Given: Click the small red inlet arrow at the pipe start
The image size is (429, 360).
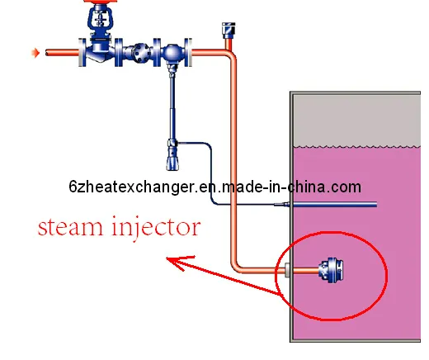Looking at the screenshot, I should (35, 54).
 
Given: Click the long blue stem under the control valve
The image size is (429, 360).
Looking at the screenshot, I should (174, 103).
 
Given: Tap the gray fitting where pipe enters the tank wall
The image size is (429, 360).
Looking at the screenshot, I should (287, 269).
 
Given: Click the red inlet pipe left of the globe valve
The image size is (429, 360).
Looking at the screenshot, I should (62, 54).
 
